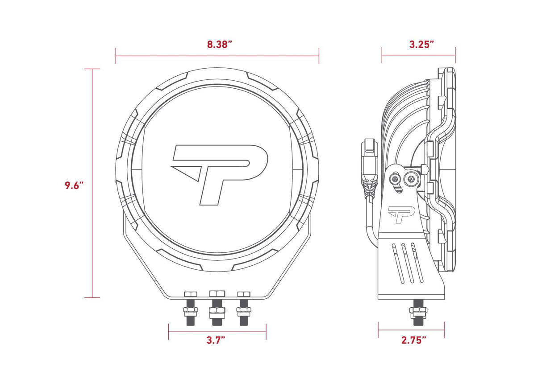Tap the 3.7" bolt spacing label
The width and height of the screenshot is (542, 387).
tap(216, 340)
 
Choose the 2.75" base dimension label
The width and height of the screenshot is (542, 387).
tap(413, 340)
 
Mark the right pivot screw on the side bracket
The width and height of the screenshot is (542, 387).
tap(410, 180)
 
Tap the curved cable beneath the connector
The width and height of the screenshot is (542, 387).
tap(369, 223)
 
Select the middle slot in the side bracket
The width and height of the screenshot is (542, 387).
tap(407, 263)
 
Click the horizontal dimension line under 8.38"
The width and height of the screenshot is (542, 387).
tap(217, 56)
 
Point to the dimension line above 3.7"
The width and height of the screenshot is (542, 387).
tap(217, 332)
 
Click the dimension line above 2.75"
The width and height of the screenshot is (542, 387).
tap(411, 330)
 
